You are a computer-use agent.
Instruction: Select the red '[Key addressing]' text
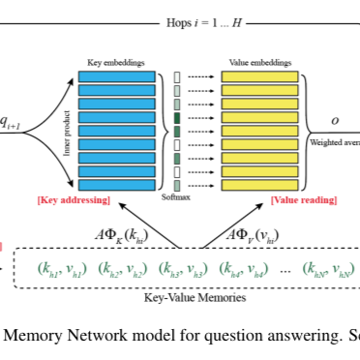pos(74,200)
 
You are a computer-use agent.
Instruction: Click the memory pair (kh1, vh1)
pos(62,268)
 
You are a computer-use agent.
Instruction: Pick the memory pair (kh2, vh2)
pos(122,268)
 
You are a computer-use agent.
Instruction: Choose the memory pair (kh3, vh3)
pos(183,268)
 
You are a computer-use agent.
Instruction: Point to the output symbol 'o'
pos(335,121)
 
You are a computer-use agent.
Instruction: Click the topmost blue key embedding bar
pos(116,76)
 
